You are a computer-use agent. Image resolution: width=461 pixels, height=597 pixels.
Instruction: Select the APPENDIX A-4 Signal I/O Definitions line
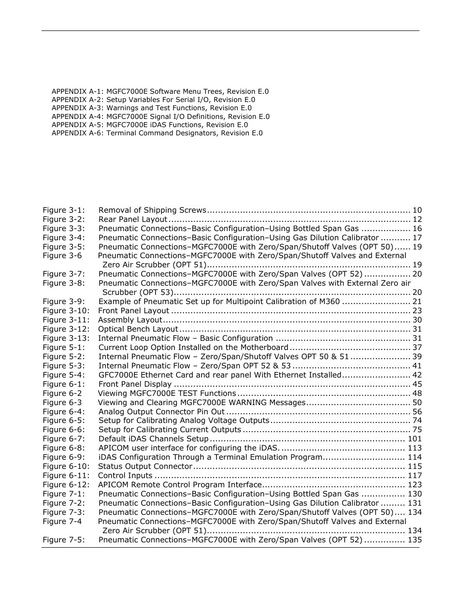tap(160, 116)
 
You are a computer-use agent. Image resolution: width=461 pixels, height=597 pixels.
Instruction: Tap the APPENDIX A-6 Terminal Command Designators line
tap(157, 133)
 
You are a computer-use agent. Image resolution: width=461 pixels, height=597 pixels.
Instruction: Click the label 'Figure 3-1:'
tap(63, 210)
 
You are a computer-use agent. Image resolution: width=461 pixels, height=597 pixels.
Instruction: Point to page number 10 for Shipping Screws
tap(417, 210)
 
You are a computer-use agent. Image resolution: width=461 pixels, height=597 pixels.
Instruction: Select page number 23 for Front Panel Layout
tap(417, 311)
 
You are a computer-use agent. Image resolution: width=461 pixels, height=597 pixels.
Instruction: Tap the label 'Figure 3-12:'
tap(66, 329)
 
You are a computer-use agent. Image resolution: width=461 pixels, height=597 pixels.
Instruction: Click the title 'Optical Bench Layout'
tap(138, 329)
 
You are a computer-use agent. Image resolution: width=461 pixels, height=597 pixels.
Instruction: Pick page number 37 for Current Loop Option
tap(417, 348)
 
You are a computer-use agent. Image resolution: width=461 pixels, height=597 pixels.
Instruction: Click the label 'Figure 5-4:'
tap(63, 375)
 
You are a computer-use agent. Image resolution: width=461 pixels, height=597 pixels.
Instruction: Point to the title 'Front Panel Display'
tap(135, 384)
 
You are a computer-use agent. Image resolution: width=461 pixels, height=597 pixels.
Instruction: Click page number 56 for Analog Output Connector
tap(417, 412)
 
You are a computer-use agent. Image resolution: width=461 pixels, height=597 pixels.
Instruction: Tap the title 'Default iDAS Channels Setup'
tap(153, 439)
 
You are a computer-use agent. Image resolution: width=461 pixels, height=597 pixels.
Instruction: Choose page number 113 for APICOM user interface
tap(414, 448)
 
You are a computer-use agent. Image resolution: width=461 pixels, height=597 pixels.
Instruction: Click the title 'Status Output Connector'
tap(145, 466)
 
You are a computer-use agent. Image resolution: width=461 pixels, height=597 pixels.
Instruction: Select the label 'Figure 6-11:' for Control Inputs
tap(66, 476)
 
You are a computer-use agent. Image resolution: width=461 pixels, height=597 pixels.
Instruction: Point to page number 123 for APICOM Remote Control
tap(414, 485)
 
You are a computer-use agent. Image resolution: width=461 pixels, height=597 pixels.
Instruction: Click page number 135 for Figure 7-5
tap(414, 540)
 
